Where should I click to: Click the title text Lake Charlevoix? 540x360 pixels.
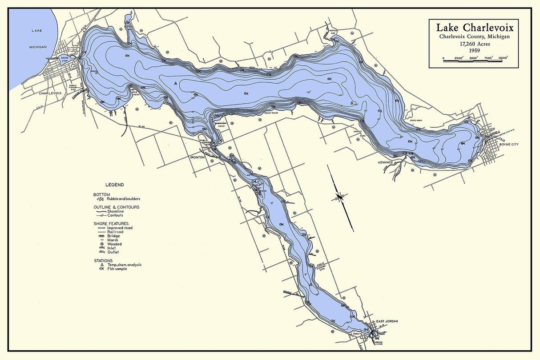[x=474, y=28]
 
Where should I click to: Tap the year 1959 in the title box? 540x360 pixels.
[x=474, y=51]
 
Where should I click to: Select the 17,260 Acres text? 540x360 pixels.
[x=474, y=44]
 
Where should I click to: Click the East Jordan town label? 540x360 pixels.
[x=386, y=321]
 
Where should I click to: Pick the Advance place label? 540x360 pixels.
[x=385, y=162]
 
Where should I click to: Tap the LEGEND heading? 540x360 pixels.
[x=114, y=185]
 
